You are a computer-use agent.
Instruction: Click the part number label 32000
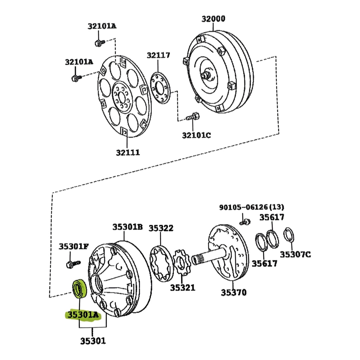click(x=213, y=19)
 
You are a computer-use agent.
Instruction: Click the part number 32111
click(x=128, y=153)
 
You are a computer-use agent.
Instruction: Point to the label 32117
click(x=158, y=55)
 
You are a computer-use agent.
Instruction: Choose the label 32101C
click(x=196, y=135)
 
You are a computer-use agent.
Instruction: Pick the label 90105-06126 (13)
click(x=252, y=207)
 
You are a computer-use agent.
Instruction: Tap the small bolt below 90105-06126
click(x=246, y=221)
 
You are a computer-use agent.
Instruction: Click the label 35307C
click(x=295, y=255)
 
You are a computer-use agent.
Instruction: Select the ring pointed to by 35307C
click(x=289, y=235)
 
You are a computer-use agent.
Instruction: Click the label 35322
click(x=161, y=228)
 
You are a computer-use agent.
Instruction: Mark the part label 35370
click(x=234, y=293)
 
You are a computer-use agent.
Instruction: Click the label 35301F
click(x=74, y=247)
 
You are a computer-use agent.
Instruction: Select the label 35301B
click(x=127, y=227)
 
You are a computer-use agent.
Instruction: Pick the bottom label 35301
click(x=93, y=341)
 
